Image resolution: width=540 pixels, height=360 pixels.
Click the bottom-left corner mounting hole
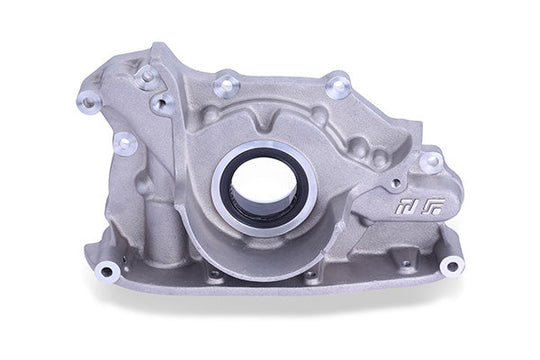coord(107,270)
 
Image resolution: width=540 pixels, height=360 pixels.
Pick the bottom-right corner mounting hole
coord(452,265)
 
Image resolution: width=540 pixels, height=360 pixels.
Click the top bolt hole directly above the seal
coord(227,85)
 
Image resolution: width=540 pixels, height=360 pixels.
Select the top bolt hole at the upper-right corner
coord(338,87)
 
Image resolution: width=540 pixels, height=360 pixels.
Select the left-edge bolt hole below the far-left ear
coord(124,143)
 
